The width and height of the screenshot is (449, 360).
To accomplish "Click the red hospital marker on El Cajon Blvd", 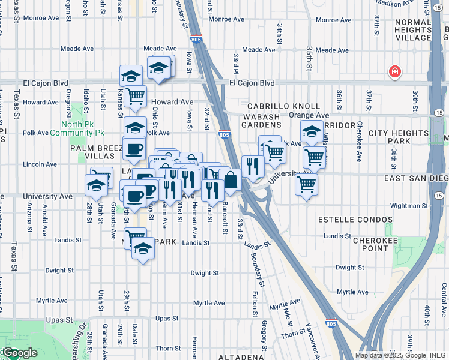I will pos(395,73).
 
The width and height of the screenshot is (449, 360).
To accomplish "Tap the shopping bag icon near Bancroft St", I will pos(230,179).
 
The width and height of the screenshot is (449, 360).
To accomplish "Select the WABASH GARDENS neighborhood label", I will pos(262,120).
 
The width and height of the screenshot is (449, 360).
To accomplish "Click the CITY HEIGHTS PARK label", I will pos(397,137).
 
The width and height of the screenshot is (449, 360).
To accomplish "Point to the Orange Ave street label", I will pos(309,115).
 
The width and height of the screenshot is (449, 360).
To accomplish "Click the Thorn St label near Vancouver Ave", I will pos(293,334).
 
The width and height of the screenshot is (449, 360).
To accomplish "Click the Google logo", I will pos(19,353).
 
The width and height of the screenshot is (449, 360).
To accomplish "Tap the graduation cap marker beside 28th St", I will pos(96,185).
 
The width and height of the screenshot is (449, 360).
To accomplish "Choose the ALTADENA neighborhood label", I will pos(240,356).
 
